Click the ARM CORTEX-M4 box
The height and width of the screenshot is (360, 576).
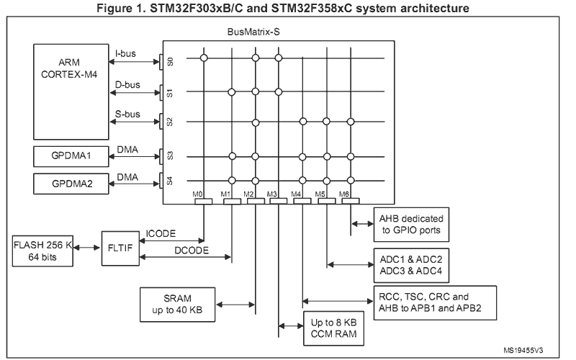tap(69, 91)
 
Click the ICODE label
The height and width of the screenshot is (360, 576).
tap(163, 234)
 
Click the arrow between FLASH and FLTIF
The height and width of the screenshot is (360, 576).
tap(87, 247)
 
